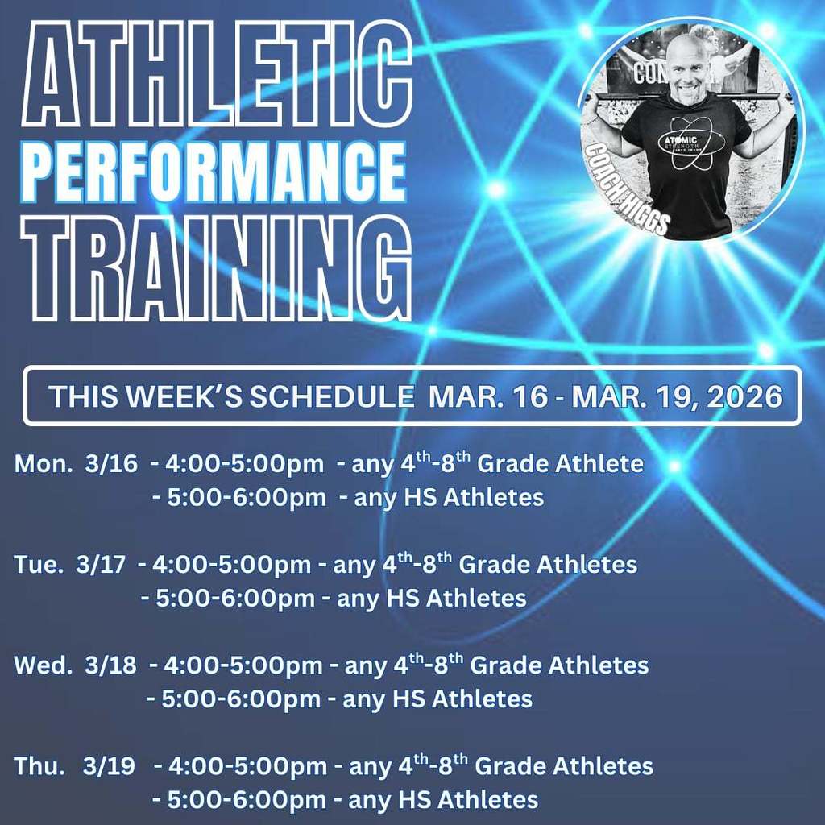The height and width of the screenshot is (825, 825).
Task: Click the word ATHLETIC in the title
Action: (x=217, y=73)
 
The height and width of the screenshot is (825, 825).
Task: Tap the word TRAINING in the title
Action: (x=217, y=268)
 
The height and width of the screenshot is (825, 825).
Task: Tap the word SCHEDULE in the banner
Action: (x=331, y=396)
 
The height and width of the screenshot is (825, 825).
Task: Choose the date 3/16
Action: (x=111, y=463)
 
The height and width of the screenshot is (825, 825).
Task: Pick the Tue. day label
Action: (x=39, y=565)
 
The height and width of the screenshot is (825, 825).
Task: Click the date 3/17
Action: (x=101, y=565)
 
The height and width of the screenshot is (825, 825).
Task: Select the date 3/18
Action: (x=110, y=665)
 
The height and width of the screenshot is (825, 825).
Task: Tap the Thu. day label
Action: (x=39, y=766)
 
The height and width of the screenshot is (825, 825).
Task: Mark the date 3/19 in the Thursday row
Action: (x=109, y=766)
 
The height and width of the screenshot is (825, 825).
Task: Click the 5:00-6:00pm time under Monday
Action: (x=247, y=498)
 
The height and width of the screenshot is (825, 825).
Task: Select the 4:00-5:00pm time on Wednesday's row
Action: (x=243, y=665)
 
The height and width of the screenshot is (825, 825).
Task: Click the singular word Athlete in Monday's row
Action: (x=599, y=463)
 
